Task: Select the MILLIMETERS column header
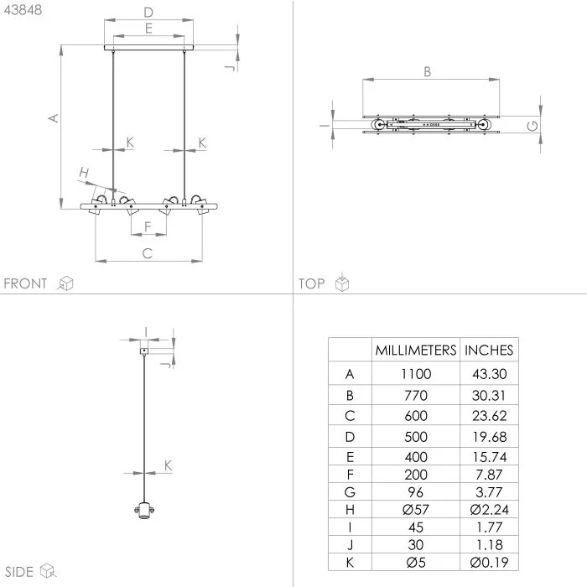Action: [416, 350]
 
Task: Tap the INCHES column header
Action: [489, 350]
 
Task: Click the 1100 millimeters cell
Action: [416, 374]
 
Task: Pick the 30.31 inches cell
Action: [489, 395]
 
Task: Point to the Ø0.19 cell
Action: [489, 562]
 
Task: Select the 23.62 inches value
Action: [489, 416]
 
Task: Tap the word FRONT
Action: [26, 283]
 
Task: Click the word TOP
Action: [312, 283]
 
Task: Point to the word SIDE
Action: [18, 572]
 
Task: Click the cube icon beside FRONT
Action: [65, 283]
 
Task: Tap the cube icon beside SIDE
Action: [49, 572]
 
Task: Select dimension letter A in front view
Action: [52, 118]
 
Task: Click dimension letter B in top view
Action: [427, 72]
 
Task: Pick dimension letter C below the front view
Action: [148, 253]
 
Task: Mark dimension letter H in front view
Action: [83, 173]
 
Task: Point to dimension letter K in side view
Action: [168, 465]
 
